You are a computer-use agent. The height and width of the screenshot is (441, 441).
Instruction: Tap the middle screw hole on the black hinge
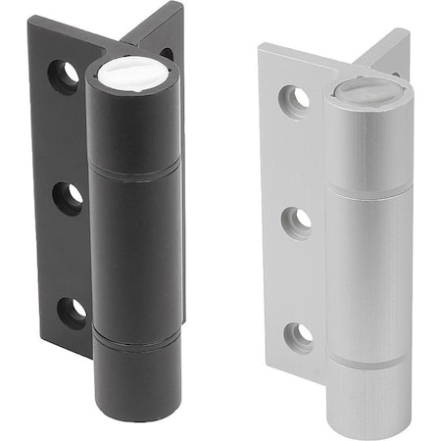pyautogui.click(x=69, y=197)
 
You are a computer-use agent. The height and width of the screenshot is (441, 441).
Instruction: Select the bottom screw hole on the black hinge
pyautogui.click(x=72, y=312)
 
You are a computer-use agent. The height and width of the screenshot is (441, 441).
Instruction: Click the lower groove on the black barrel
pyautogui.click(x=137, y=339)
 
